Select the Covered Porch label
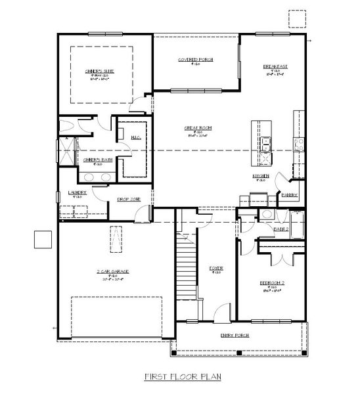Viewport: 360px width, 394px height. (x=195, y=59)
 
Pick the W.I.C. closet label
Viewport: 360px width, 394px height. (x=136, y=137)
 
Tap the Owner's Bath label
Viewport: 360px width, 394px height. (x=95, y=159)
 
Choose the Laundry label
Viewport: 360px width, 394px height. (x=77, y=192)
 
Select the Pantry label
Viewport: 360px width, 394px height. (x=289, y=194)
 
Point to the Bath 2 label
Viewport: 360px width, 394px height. (x=281, y=229)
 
